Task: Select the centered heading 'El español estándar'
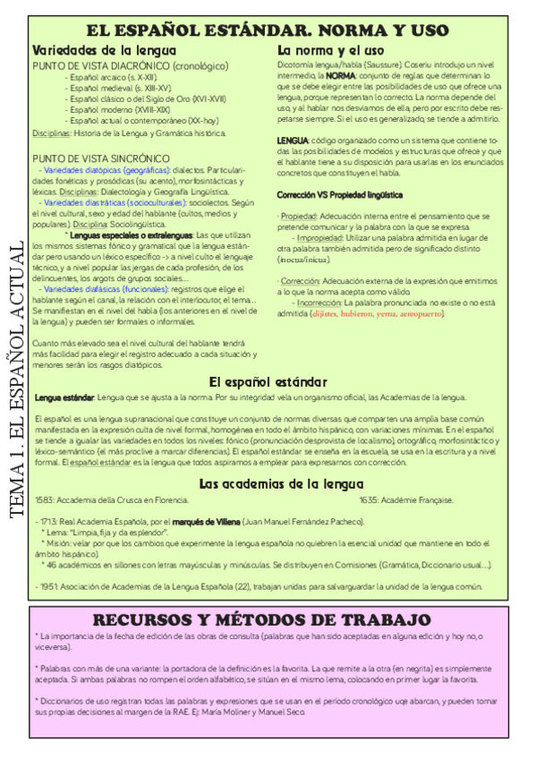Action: point(268,381)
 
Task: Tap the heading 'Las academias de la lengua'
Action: point(268,484)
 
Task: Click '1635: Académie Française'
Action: point(406,499)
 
